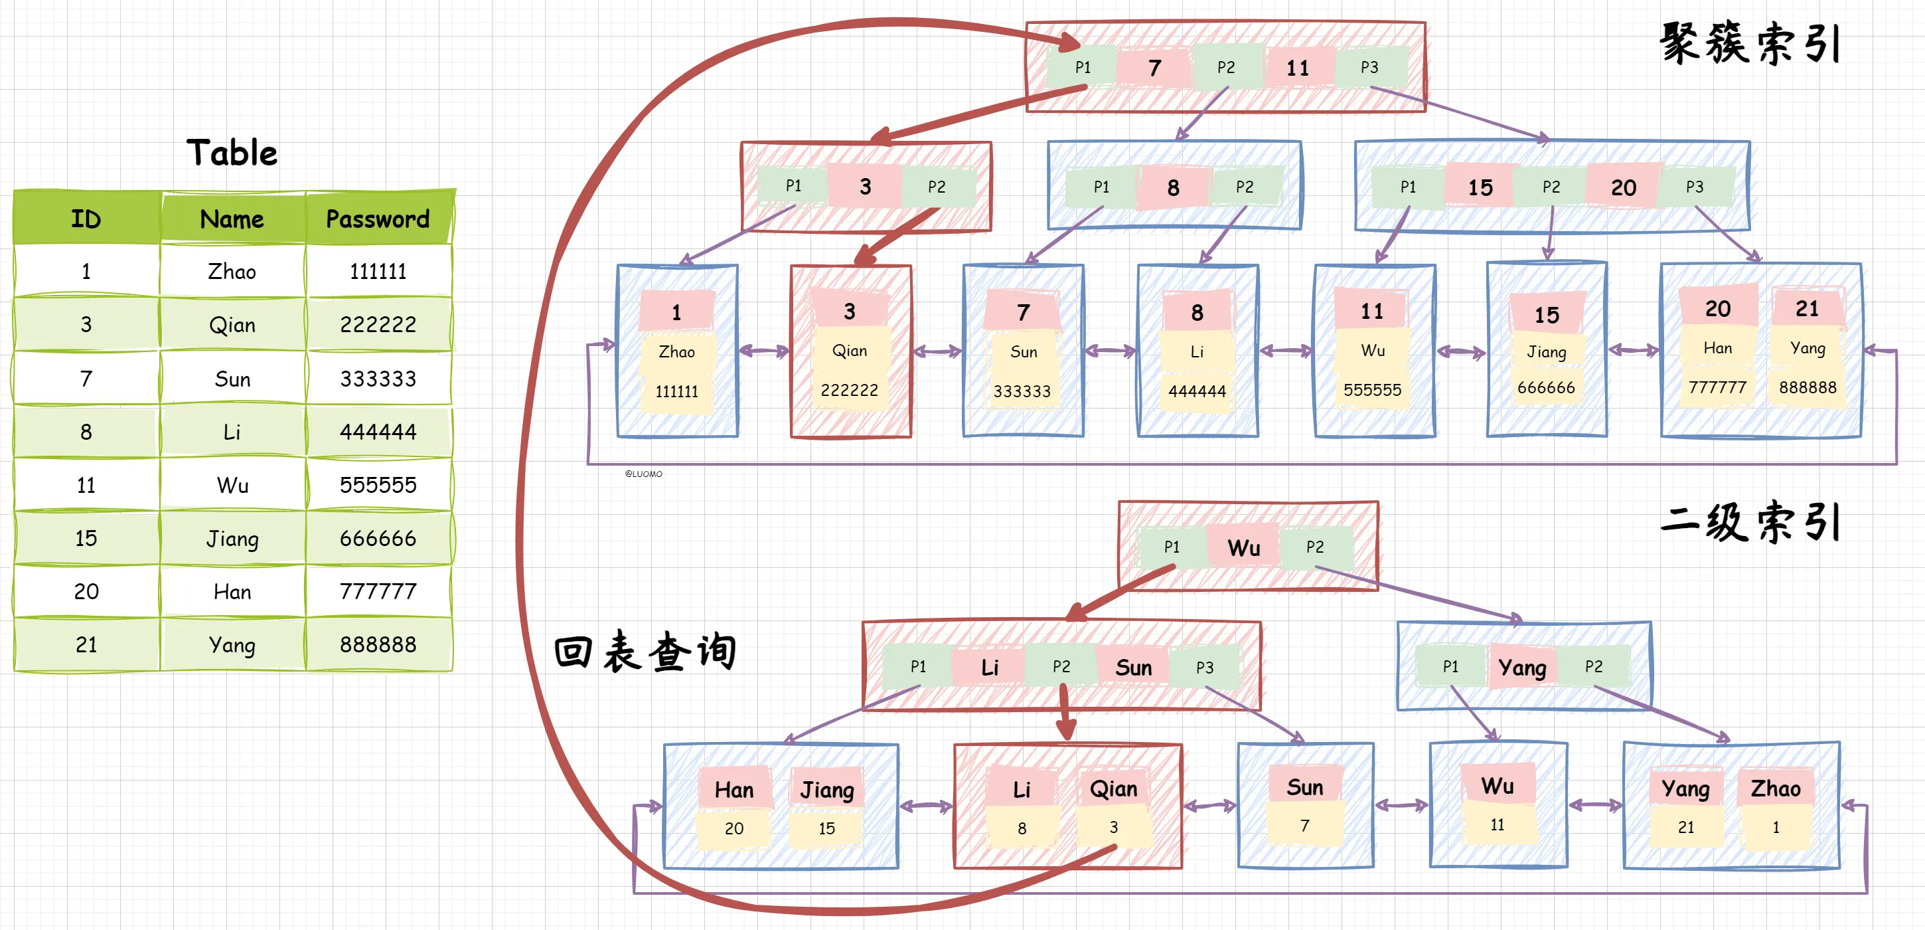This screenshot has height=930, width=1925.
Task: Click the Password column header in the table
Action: [378, 219]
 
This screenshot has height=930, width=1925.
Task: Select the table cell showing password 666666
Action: [378, 538]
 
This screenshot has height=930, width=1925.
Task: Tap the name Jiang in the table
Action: [232, 538]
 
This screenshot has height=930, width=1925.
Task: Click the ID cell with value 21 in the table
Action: [86, 644]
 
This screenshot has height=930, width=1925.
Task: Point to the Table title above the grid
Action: [232, 153]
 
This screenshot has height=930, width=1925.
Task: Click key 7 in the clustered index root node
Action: [1154, 68]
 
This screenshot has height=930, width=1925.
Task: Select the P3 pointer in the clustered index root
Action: [1369, 67]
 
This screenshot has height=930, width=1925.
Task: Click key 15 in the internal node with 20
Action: [1480, 187]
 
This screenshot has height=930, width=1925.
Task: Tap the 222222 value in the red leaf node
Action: [849, 390]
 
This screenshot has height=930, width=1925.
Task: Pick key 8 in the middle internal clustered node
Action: [1172, 187]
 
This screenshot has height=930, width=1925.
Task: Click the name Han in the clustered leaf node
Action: [1717, 348]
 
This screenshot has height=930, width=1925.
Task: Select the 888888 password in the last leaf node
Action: [1807, 387]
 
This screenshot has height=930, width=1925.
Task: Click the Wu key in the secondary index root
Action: [1243, 548]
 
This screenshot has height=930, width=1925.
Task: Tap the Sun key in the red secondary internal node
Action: [1133, 668]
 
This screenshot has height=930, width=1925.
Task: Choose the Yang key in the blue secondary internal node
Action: [1521, 668]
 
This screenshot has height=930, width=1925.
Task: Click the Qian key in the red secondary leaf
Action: [1113, 789]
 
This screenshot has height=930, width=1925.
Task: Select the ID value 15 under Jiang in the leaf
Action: [826, 828]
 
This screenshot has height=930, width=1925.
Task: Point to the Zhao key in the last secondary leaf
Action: [1776, 789]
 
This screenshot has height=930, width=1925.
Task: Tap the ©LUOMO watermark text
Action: [643, 474]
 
